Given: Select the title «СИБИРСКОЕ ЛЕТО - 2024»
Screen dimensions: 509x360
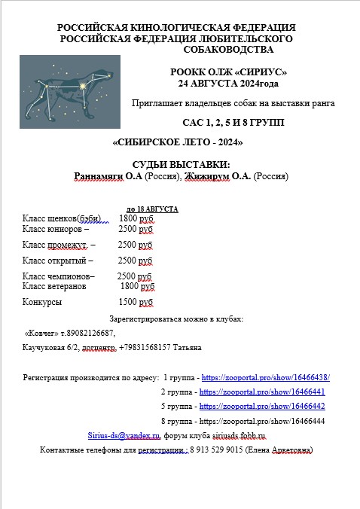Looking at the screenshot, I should pyautogui.click(x=177, y=142).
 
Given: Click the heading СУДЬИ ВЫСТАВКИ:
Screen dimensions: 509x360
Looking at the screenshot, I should pyautogui.click(x=180, y=165).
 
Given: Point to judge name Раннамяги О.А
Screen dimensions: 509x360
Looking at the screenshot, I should pyautogui.click(x=108, y=176).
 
